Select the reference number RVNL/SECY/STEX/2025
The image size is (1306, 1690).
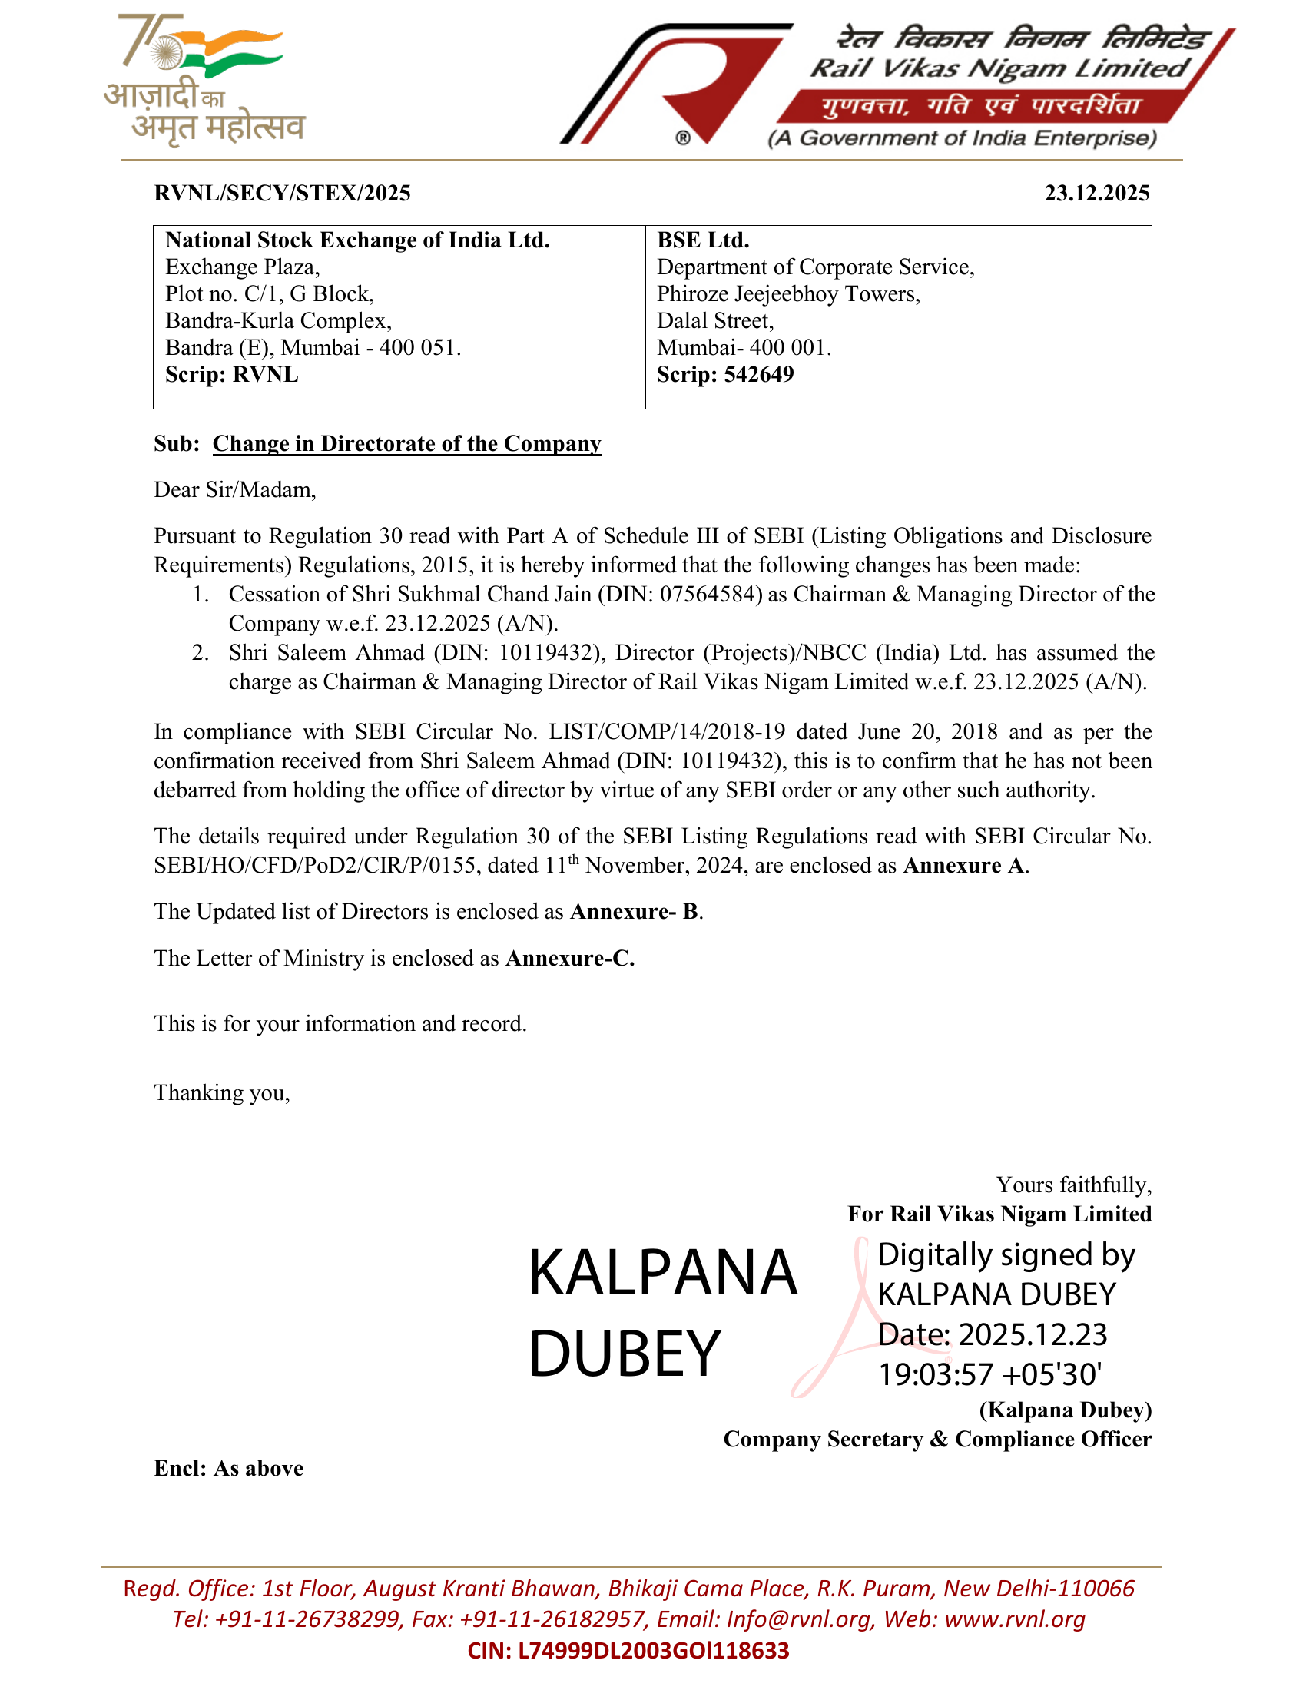tap(283, 193)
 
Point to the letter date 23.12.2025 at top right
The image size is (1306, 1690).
tap(1096, 193)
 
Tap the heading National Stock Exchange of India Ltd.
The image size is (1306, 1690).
tap(357, 240)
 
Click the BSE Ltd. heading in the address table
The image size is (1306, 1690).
tap(702, 240)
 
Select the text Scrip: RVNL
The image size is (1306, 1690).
tap(231, 375)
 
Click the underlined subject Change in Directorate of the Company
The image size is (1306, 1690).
tap(407, 443)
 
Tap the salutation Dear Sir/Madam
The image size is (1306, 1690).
tap(234, 490)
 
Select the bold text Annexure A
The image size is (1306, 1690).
tap(965, 865)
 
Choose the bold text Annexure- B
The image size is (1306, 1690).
tap(635, 912)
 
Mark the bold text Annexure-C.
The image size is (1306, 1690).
tap(570, 959)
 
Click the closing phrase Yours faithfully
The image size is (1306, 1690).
tap(1073, 1185)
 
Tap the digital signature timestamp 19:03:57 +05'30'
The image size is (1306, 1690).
tap(989, 1374)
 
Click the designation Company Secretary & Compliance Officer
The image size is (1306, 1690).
tap(937, 1439)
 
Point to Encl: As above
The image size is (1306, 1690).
tap(228, 1468)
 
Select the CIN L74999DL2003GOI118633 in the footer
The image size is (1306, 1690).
tap(628, 1651)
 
